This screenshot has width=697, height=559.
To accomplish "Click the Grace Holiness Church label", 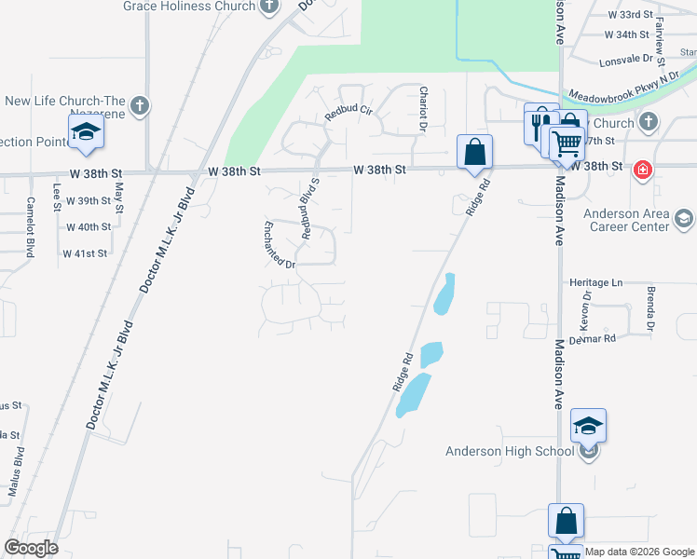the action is [188, 7].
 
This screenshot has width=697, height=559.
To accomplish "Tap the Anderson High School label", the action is [509, 452].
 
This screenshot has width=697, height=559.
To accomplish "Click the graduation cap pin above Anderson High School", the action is [588, 427].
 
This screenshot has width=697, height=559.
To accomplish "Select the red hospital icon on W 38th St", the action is [641, 170].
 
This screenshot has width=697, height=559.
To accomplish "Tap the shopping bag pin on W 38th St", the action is [474, 150].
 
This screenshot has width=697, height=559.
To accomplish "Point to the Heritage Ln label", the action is [596, 281].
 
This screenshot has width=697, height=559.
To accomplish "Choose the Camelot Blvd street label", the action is [30, 226].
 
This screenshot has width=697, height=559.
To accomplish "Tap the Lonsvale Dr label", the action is [629, 58].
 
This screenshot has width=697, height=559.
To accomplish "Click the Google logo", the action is [31, 548].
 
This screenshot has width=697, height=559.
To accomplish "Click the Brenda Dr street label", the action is [649, 309].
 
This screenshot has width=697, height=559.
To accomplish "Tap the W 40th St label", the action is [89, 226].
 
